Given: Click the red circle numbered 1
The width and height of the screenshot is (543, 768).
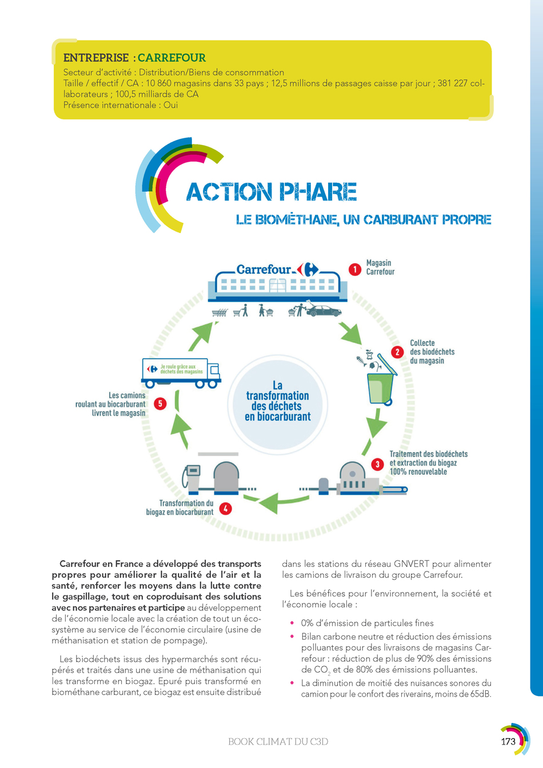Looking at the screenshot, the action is click(x=355, y=270).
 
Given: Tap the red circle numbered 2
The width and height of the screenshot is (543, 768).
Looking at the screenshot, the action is click(x=397, y=352).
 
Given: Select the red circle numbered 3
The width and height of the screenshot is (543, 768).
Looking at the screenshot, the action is click(x=377, y=464).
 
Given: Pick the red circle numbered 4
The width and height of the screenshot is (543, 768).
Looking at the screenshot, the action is click(x=225, y=509).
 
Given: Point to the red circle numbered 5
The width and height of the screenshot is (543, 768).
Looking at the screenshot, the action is click(x=160, y=403).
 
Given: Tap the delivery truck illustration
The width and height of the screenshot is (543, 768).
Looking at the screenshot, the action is click(x=181, y=373).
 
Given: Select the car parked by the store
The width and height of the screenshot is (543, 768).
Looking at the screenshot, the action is click(x=324, y=311).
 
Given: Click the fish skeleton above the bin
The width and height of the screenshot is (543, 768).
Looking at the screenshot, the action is click(x=361, y=361).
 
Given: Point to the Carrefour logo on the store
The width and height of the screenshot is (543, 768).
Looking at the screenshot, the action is click(x=308, y=270).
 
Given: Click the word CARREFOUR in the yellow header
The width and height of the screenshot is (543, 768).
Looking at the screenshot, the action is click(x=171, y=58).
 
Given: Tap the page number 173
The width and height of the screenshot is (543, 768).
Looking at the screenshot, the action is click(x=508, y=742).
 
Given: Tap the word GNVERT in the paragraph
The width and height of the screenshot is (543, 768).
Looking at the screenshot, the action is click(x=412, y=564).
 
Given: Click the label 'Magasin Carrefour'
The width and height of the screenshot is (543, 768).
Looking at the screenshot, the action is click(x=380, y=267).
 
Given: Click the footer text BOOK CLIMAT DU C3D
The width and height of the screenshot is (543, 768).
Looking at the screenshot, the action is click(x=278, y=742).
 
